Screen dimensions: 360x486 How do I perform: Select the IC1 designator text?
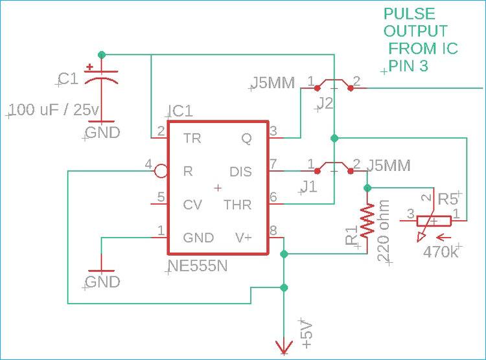(x=179, y=111)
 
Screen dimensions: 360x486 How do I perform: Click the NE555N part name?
(x=198, y=265)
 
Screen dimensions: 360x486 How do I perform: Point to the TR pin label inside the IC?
(x=192, y=138)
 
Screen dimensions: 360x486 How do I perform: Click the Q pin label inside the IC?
(x=247, y=138)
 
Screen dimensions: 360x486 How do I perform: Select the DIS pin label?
(x=240, y=172)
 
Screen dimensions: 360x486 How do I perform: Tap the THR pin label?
(x=237, y=205)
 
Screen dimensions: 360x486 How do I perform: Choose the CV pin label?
(x=192, y=205)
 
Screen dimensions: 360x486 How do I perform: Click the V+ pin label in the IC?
(x=243, y=238)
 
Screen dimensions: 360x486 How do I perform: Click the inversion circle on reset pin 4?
(x=160, y=171)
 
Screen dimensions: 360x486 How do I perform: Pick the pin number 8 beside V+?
(x=273, y=230)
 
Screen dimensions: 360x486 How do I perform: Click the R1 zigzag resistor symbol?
(x=367, y=220)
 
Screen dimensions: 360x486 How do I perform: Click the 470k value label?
(x=441, y=251)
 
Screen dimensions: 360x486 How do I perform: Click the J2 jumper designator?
(x=325, y=103)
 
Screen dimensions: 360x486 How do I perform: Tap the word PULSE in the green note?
(x=409, y=14)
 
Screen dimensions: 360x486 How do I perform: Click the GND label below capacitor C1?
(x=102, y=133)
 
